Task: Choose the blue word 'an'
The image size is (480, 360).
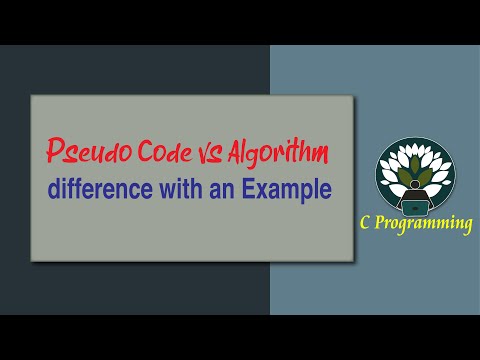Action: point(223,189)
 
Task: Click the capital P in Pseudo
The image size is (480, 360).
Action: point(54,152)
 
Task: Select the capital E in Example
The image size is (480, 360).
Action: point(251,188)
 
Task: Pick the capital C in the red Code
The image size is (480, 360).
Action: point(129,151)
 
